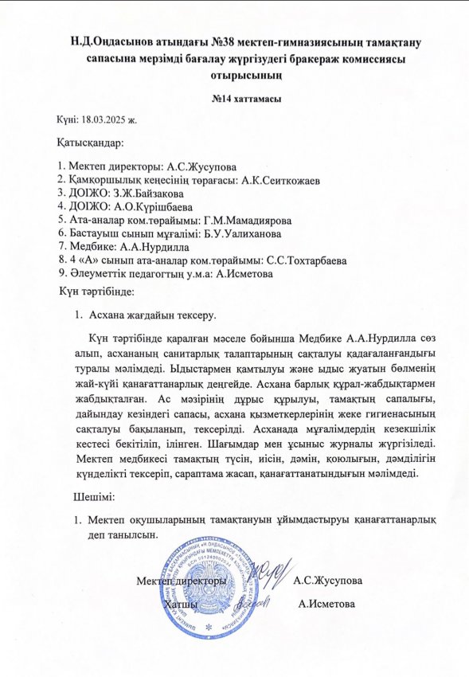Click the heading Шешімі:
tap(93, 499)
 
